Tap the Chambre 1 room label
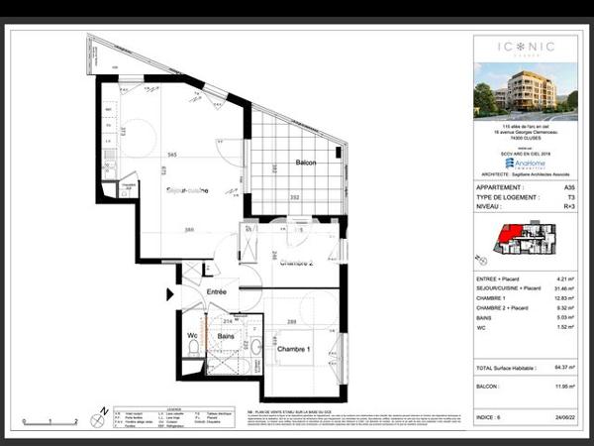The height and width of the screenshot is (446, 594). pyautogui.click(x=294, y=351)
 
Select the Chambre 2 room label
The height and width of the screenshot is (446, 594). pyautogui.click(x=296, y=264)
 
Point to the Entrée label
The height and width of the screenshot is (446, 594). pyautogui.click(x=216, y=291)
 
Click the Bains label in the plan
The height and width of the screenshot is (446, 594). pyautogui.click(x=226, y=337)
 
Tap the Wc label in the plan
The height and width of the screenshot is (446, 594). pyautogui.click(x=193, y=336)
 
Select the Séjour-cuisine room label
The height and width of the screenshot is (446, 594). pyautogui.click(x=187, y=189)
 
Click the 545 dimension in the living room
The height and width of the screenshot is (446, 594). pyautogui.click(x=172, y=156)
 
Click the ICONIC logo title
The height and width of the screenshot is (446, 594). pyautogui.click(x=514, y=46)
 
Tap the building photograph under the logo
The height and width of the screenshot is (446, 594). pyautogui.click(x=525, y=90)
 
